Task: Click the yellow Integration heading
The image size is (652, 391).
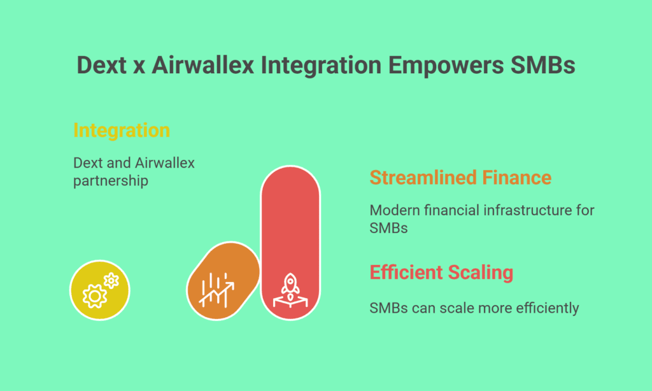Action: (122, 131)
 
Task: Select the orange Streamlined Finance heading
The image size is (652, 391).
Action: (460, 178)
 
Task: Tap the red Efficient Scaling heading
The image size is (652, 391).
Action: (441, 273)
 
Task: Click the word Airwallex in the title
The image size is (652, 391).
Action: (202, 66)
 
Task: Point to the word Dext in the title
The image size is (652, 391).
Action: (101, 66)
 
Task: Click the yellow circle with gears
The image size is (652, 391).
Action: (100, 290)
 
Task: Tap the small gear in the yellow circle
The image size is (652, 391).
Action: (111, 281)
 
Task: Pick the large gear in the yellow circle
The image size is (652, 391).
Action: (95, 296)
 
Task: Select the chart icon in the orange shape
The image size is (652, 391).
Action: (216, 290)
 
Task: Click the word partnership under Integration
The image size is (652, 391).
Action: (111, 181)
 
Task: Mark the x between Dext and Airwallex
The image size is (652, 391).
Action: (139, 68)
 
